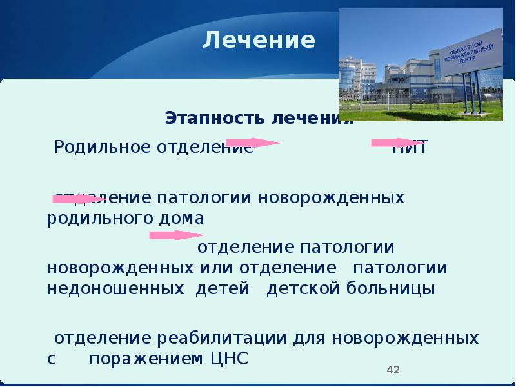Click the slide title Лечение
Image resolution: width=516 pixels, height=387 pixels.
pyautogui.click(x=259, y=41)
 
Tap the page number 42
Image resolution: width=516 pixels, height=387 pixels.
pyautogui.click(x=393, y=370)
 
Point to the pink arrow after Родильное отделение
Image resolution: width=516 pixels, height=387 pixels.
pyautogui.click(x=253, y=142)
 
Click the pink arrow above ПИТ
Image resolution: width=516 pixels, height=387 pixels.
pyautogui.click(x=395, y=142)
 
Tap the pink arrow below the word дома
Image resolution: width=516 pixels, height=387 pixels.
pyautogui.click(x=177, y=235)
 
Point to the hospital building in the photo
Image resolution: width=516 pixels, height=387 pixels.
pyautogui.click(x=387, y=77)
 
